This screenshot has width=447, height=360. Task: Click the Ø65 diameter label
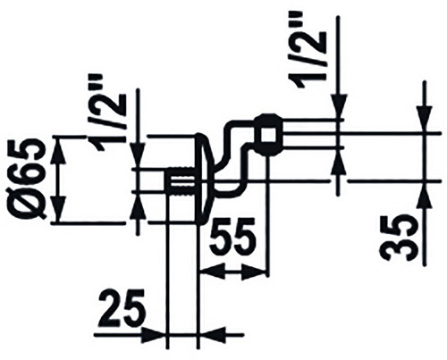[31, 179]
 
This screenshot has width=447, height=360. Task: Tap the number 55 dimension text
[232, 234]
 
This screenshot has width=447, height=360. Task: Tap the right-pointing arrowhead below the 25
[153, 336]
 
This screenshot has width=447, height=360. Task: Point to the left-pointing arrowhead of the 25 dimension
[211, 336]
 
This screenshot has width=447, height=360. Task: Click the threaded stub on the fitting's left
[181, 183]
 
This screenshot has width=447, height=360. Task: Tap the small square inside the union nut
[267, 135]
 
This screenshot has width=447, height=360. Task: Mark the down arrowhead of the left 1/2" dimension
[139, 155]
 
